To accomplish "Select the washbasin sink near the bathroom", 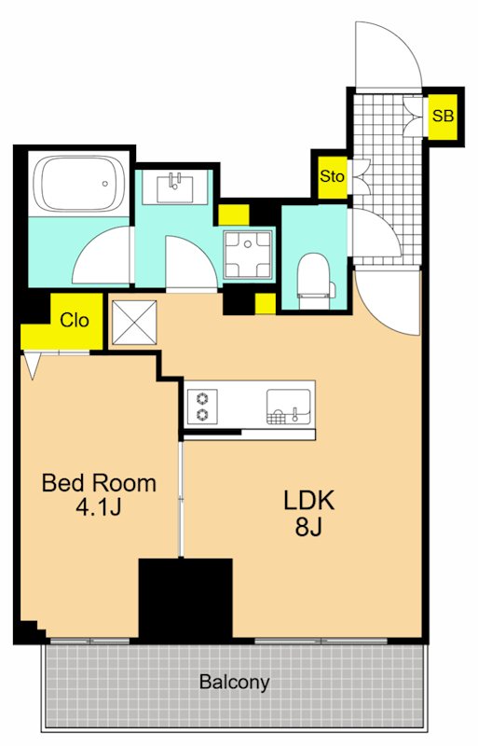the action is pos(174,187).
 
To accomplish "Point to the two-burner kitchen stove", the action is pos(203,407).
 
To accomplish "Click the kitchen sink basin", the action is pos(288,406).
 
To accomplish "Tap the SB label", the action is pos(443,116).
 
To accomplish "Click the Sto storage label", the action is pos(332,176).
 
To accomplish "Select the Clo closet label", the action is pos(75,320).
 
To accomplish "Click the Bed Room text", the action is pos(99,483).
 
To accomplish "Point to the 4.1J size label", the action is pos(99,506).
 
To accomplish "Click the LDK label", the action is pos(309,501).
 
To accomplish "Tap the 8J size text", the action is pos(308,526).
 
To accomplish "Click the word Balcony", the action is pos(235,683).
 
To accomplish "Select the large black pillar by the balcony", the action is pos(185,599).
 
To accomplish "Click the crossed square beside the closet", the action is pos(134,322).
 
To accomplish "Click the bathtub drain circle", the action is pos(105,184).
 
